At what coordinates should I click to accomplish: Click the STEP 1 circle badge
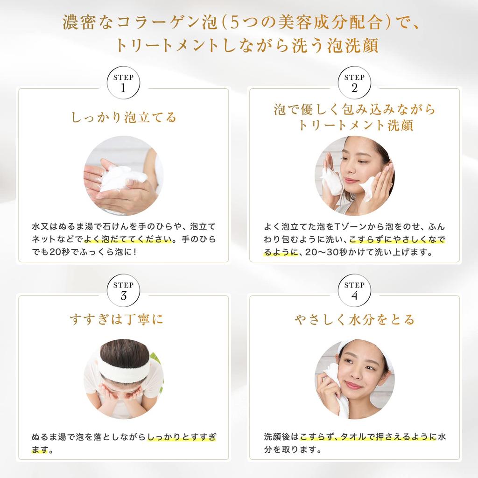click(124, 84)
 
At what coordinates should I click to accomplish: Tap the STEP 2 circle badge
click(354, 84)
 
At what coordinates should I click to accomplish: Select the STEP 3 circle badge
click(124, 291)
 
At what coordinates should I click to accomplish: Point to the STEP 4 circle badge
click(354, 291)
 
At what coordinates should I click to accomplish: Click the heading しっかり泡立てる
click(124, 117)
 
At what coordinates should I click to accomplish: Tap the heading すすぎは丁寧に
click(124, 320)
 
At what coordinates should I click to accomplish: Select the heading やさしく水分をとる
click(354, 320)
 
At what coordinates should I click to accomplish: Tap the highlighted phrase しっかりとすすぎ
click(182, 437)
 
